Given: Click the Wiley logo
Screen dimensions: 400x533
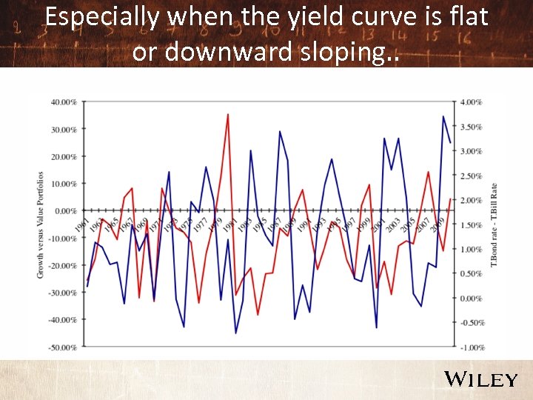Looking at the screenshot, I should [x=480, y=379].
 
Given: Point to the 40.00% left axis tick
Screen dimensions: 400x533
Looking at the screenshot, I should [x=64, y=101].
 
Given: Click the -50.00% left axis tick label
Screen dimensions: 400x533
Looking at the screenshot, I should [x=63, y=347].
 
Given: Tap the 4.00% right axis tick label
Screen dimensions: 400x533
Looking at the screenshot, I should [x=472, y=101].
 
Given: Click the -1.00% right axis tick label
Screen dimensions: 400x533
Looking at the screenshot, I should [x=472, y=347].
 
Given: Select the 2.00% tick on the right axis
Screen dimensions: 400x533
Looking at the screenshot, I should [x=472, y=200].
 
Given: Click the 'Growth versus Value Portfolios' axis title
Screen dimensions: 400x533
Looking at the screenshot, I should [x=41, y=224].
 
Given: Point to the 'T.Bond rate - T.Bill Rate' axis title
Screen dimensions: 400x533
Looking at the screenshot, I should [x=494, y=224].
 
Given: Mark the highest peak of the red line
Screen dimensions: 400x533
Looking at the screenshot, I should [x=228, y=114].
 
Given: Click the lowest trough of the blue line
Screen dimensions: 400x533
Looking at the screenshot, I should [x=236, y=333].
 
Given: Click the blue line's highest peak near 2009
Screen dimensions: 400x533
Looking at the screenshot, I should [x=443, y=116].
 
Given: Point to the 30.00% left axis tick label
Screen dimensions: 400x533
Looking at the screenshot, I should [x=64, y=129].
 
